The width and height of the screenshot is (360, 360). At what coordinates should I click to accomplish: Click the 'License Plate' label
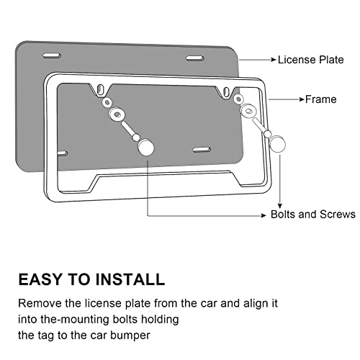coord(310,61)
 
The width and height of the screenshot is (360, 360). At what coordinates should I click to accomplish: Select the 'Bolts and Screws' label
coord(313,215)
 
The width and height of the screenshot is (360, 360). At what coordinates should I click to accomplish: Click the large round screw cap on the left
coord(146,147)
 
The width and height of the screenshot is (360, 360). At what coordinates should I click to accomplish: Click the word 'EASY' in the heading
coord(42,279)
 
